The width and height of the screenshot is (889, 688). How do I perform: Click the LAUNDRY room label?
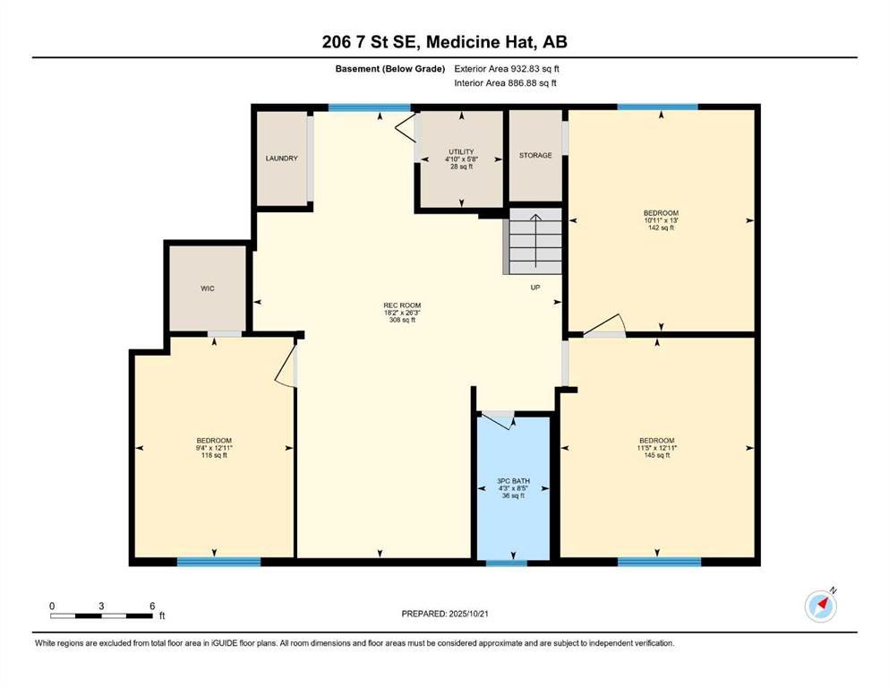(x=281, y=159)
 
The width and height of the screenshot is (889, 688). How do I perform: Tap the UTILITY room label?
(x=461, y=152)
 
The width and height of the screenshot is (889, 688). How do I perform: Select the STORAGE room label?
(x=535, y=155)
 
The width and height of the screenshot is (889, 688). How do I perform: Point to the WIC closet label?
(x=208, y=288)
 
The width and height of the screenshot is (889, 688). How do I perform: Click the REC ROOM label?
(x=402, y=305)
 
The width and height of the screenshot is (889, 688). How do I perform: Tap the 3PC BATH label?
(x=513, y=481)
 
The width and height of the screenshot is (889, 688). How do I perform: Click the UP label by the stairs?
(x=535, y=288)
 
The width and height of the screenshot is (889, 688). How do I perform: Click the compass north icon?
(x=821, y=606)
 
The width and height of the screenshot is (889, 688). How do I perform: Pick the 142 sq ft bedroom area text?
(x=661, y=228)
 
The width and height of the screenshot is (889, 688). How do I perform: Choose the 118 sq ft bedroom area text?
(x=214, y=455)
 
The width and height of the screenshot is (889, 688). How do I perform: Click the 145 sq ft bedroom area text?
(x=657, y=455)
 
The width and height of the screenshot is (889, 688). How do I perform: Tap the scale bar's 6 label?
(x=152, y=606)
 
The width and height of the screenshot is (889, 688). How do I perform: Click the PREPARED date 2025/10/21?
(x=468, y=614)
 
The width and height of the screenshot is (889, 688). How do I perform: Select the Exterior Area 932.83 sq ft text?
(x=507, y=69)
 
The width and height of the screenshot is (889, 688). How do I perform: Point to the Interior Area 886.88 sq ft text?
(x=505, y=82)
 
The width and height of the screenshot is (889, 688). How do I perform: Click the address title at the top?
(x=444, y=42)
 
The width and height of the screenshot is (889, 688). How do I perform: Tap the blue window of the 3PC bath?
(x=507, y=563)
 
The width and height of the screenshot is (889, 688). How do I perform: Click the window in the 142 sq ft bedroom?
(x=658, y=107)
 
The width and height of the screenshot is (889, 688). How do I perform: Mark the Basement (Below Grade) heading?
(x=390, y=69)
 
